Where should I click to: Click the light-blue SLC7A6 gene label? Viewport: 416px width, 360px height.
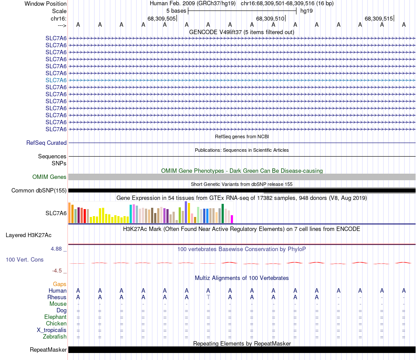coord(56,80)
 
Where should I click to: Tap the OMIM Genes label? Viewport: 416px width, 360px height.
coord(49,177)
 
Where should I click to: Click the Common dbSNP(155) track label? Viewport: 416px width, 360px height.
coord(39,190)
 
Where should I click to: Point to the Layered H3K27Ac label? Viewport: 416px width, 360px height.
coord(28,235)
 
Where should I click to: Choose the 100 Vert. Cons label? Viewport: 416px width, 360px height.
coord(25,259)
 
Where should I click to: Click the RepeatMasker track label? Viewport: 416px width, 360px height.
coord(48,350)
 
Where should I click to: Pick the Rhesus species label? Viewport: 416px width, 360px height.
coord(57,297)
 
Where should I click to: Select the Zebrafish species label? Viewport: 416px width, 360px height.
coord(55,336)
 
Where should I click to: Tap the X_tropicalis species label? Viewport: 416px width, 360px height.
coord(52,330)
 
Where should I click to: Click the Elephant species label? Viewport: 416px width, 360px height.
coord(55,317)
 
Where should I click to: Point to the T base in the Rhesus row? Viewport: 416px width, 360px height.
coord(208,297)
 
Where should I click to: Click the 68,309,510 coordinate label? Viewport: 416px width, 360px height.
coord(270,18)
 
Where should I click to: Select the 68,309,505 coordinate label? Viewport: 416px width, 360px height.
coord(162,18)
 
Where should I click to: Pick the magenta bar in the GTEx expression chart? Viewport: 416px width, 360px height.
coord(232,219)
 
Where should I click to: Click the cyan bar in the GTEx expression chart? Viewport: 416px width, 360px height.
coord(131,213)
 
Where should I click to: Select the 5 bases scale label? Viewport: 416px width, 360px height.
coord(176,10)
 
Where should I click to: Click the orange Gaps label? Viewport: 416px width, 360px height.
coord(60,284)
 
